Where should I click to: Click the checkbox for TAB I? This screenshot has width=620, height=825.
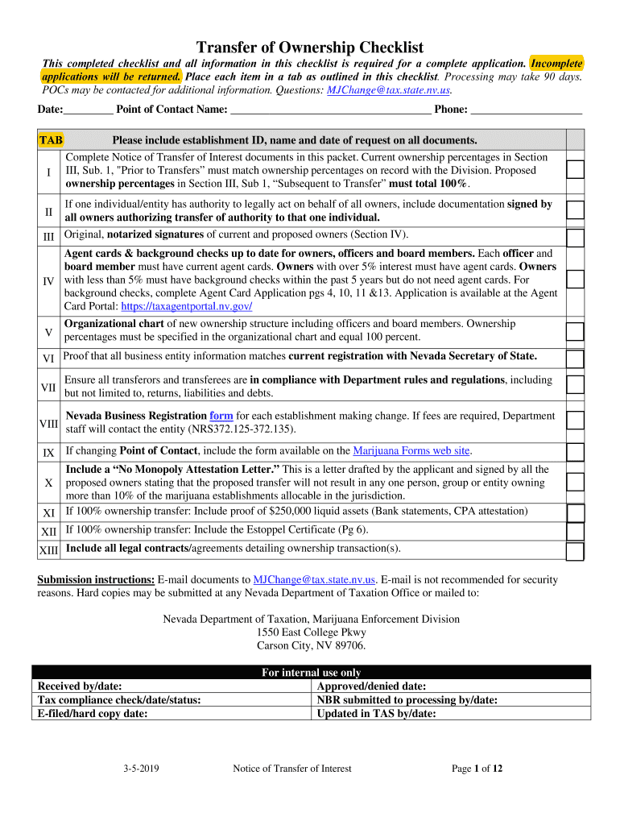[x=575, y=169]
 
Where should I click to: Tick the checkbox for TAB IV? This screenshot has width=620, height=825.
[x=575, y=280]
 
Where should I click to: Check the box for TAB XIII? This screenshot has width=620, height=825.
[x=575, y=551]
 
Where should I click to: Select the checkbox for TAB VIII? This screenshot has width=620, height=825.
[x=575, y=421]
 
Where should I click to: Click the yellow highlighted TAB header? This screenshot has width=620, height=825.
[x=51, y=139]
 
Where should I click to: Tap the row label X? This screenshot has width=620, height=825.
[x=48, y=483]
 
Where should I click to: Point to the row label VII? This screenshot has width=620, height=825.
[x=48, y=387]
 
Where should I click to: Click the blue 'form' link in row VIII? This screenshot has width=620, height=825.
[x=221, y=416]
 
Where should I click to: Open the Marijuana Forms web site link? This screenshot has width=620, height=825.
[x=411, y=450]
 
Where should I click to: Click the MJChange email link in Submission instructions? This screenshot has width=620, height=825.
[x=314, y=580]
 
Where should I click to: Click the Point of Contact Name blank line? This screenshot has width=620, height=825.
[x=330, y=110]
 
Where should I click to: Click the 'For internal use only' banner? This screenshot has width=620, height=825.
[x=311, y=673]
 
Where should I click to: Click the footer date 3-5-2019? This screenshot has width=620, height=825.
[x=141, y=769]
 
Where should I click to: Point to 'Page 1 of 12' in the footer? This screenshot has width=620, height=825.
[x=477, y=769]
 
